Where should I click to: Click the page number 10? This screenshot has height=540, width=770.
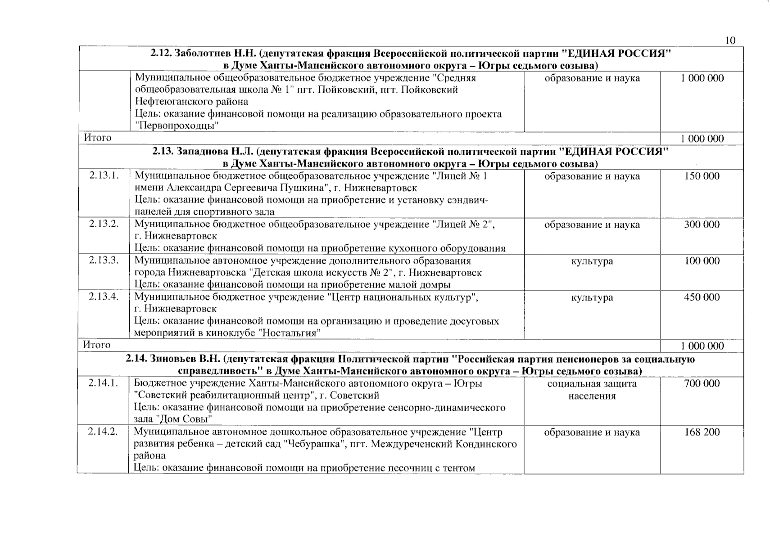point(730,40)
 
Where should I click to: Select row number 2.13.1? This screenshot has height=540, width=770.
point(104,175)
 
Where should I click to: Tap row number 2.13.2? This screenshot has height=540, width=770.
point(104,224)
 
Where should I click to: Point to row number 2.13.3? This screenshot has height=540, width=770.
point(104,261)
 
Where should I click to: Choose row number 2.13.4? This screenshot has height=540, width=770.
point(104,297)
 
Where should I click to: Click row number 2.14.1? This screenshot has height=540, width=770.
point(103,383)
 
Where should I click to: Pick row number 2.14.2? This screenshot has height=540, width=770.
point(103,432)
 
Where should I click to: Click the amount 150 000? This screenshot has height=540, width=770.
point(702,176)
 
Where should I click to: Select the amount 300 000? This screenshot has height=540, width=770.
point(702,225)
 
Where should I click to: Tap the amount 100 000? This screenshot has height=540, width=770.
point(702,261)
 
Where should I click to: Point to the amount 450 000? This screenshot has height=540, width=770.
point(702,297)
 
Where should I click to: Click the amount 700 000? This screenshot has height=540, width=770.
point(702,384)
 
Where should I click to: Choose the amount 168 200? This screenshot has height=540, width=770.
point(702,432)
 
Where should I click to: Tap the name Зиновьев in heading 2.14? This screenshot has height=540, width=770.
point(171,359)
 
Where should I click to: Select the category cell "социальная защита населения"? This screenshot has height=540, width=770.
point(592,390)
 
